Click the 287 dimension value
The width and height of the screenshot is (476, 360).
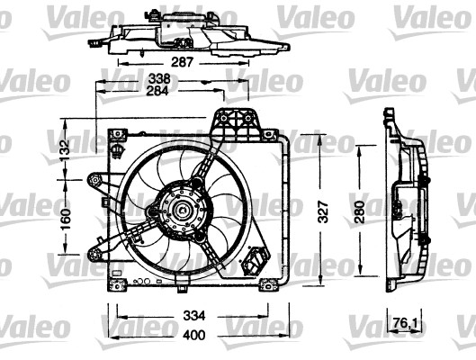click(182, 62)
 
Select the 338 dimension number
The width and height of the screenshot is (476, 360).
click(159, 79)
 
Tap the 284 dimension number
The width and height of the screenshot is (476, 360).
click(157, 91)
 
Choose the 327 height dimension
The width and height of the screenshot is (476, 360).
click(324, 211)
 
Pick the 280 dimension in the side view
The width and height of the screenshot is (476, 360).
click(360, 211)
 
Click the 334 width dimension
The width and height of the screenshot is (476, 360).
click(194, 316)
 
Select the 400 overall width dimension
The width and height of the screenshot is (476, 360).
click(194, 335)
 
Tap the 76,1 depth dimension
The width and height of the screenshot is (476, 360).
click(404, 323)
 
